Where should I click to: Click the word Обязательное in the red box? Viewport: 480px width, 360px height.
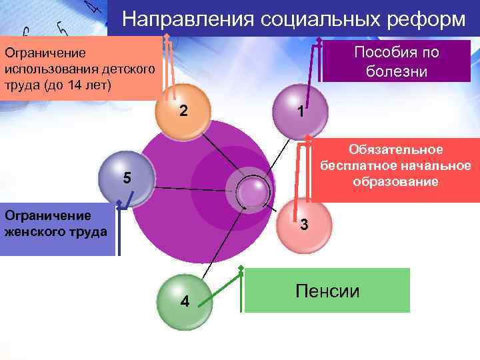pos(395,150)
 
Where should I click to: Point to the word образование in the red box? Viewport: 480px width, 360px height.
pos(396,181)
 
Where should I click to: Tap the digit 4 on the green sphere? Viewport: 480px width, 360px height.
pos(185,302)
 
